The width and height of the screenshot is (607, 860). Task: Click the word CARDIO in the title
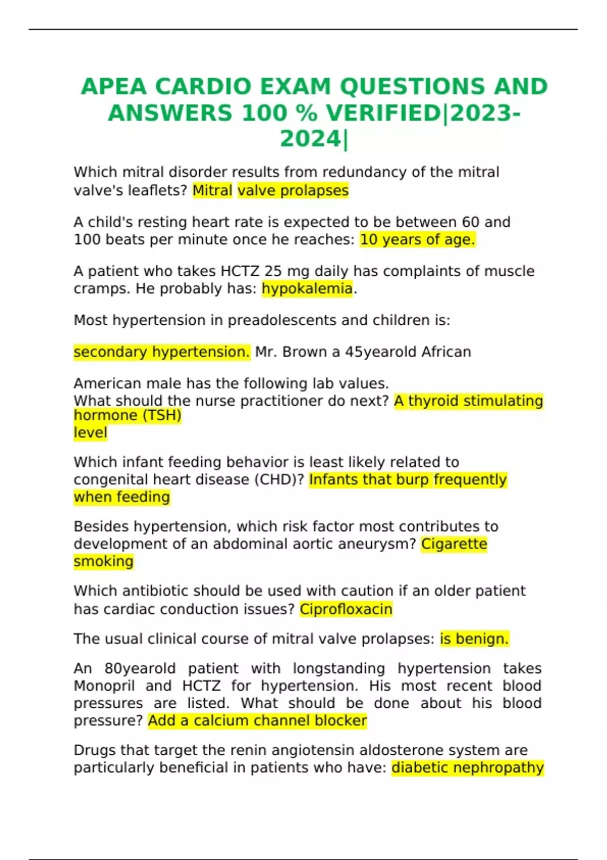click(x=203, y=87)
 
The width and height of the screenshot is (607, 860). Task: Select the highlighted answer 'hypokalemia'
click(x=307, y=289)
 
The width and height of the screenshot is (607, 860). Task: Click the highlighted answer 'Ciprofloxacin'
click(x=346, y=609)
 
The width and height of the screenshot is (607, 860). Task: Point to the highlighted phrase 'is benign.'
click(x=474, y=639)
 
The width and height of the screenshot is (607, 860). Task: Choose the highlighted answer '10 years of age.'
click(x=417, y=240)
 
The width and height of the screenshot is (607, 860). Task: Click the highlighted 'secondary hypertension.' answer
click(x=161, y=352)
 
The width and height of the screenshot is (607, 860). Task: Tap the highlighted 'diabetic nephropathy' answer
click(x=467, y=768)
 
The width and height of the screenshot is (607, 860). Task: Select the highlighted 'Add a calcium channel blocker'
click(x=257, y=721)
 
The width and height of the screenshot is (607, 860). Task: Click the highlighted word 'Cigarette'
click(x=454, y=544)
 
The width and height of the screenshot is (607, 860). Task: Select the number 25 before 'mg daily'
click(x=273, y=272)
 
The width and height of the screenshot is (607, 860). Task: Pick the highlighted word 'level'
click(x=90, y=433)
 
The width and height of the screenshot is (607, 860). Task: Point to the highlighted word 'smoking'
click(x=103, y=562)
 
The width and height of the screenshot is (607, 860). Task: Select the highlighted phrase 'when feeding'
click(x=121, y=497)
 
